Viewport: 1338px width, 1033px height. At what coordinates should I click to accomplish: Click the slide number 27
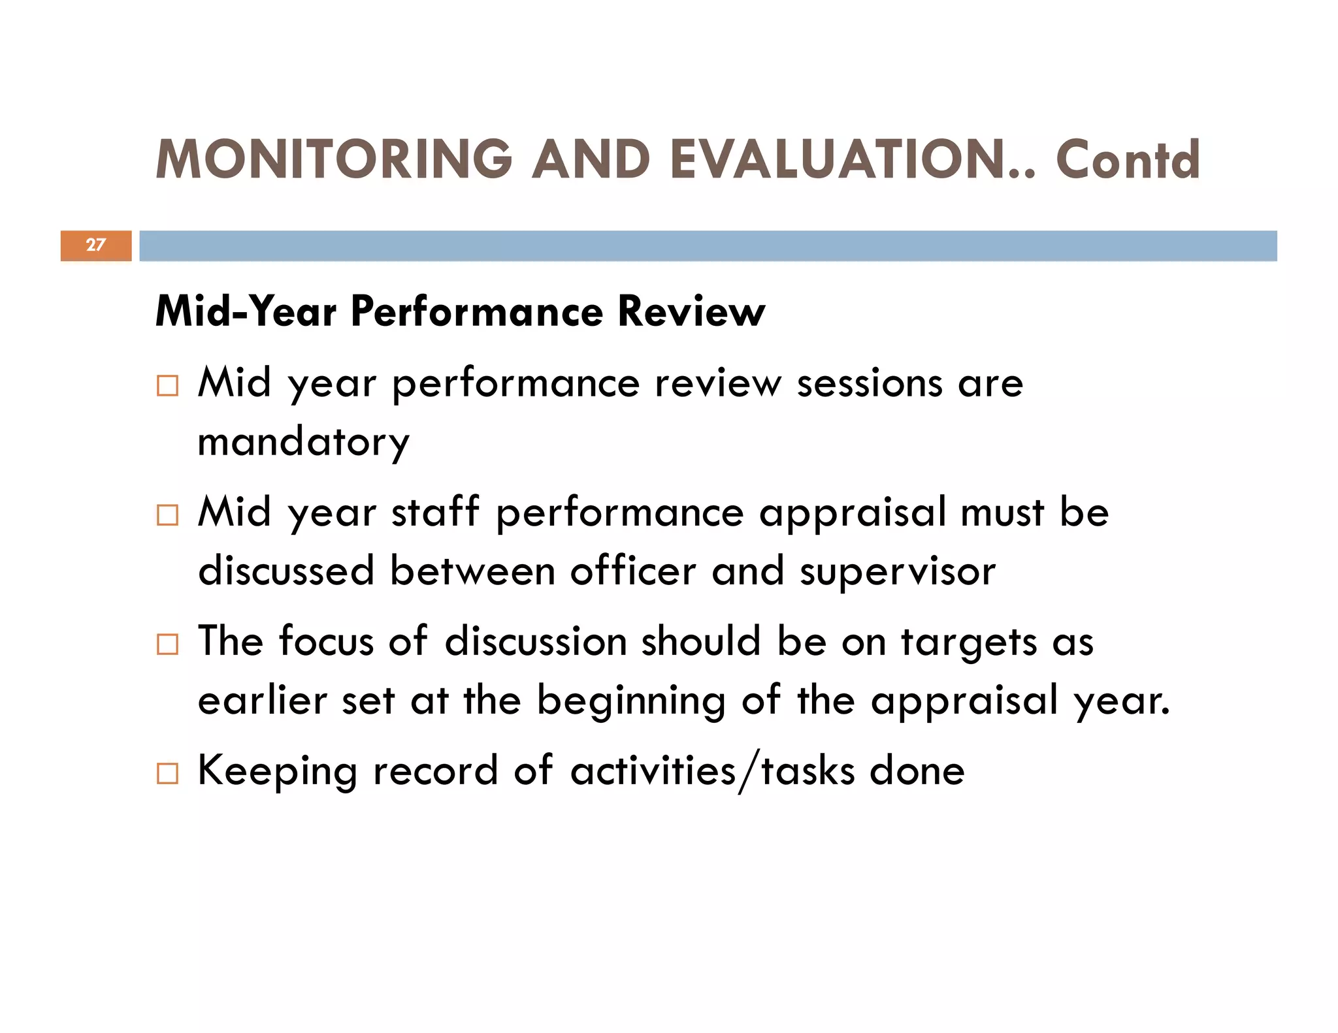tap(95, 245)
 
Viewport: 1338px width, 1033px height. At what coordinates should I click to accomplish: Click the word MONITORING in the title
tap(334, 159)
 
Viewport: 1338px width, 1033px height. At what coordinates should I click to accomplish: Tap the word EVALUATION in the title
tap(843, 159)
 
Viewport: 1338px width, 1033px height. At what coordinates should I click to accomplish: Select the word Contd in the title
tap(1128, 159)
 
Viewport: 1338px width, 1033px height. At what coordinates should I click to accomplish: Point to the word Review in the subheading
tap(691, 311)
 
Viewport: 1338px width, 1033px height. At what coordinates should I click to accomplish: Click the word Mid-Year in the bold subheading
tap(246, 311)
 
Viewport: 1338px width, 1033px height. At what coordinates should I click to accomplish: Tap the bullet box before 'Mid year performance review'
tap(167, 386)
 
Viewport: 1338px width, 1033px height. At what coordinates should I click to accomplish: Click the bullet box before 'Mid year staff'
tap(167, 515)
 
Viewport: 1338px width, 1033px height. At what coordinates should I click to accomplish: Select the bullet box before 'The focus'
tap(167, 644)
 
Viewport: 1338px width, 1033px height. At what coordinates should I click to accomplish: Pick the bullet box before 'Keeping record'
tap(167, 774)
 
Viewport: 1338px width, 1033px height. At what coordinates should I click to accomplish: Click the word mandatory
tap(304, 443)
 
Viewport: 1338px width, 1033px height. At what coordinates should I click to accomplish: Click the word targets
tap(969, 643)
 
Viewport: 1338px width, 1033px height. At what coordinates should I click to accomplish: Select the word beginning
tap(631, 701)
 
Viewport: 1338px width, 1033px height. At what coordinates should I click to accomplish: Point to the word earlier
tap(263, 700)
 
